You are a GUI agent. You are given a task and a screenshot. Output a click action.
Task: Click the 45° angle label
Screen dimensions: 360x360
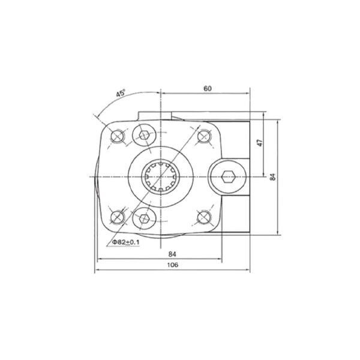121,93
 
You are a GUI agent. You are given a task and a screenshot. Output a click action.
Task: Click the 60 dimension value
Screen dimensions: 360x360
208,89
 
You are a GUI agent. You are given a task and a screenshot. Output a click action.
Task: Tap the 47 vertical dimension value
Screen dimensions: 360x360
260,143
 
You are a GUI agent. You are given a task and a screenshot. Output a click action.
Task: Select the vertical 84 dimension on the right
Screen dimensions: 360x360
273,177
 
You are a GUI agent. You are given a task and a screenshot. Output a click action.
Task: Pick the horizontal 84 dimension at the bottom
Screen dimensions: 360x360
172,254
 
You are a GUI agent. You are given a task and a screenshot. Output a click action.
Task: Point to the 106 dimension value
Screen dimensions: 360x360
173,265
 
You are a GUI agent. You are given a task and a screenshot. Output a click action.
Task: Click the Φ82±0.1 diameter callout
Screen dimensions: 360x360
125,242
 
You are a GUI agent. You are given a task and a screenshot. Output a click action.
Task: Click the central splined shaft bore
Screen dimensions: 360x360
161,177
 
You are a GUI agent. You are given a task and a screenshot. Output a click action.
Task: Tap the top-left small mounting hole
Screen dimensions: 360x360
118,136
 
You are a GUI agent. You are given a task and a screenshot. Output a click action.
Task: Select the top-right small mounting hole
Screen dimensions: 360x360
204,136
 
